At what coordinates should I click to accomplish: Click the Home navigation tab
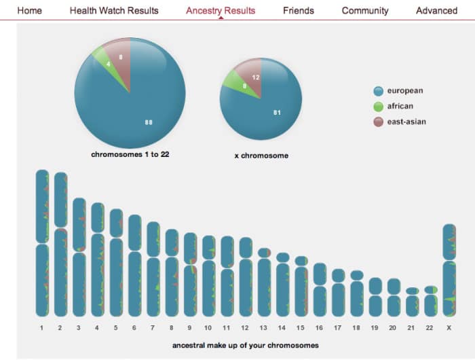pyautogui.click(x=29, y=10)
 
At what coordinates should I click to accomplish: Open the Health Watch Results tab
pyautogui.click(x=114, y=10)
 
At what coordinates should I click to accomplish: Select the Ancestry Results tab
pyautogui.click(x=221, y=10)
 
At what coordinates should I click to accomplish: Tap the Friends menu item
pyautogui.click(x=299, y=10)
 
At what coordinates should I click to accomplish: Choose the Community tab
pyautogui.click(x=365, y=10)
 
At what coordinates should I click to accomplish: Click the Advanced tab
pyautogui.click(x=436, y=10)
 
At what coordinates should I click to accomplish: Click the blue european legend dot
pyautogui.click(x=379, y=90)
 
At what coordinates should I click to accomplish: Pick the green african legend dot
pyautogui.click(x=379, y=106)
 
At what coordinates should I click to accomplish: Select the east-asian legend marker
pyautogui.click(x=379, y=122)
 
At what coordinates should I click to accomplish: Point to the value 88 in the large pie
pyautogui.click(x=149, y=122)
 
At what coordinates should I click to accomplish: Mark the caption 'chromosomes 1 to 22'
pyautogui.click(x=130, y=155)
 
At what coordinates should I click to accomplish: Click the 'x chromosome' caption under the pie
pyautogui.click(x=261, y=156)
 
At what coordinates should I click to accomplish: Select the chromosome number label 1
pyautogui.click(x=42, y=328)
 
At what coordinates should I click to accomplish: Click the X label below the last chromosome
pyautogui.click(x=449, y=328)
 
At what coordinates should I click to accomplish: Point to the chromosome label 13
pyautogui.click(x=264, y=328)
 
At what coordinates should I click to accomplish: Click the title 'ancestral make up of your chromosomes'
pyautogui.click(x=245, y=345)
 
